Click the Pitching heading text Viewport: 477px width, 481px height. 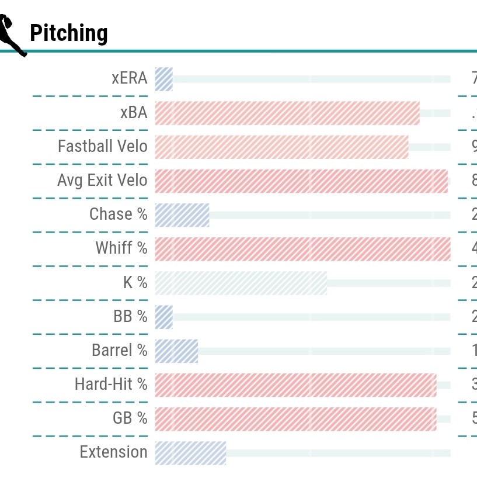(x=68, y=33)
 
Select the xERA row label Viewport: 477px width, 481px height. (x=130, y=79)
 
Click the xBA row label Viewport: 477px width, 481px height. (x=134, y=113)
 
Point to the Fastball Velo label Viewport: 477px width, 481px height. (x=103, y=147)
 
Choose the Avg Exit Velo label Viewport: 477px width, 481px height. (x=102, y=181)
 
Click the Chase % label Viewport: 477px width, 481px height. (x=119, y=214)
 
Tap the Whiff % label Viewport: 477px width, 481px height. (x=121, y=248)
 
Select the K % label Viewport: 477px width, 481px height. (x=135, y=283)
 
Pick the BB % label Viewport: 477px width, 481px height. (x=131, y=317)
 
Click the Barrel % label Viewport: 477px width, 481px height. (x=120, y=351)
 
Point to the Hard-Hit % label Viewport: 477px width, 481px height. (x=111, y=385)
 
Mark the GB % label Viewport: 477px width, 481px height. (x=130, y=418)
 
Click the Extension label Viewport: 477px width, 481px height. (x=114, y=452)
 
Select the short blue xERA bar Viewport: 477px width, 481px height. (x=164, y=79)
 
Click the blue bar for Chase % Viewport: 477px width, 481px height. (x=182, y=214)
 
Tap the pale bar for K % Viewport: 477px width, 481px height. (x=241, y=283)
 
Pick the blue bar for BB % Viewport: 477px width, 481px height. (x=164, y=317)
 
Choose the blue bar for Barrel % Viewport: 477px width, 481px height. (x=176, y=351)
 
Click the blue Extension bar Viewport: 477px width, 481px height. (x=190, y=452)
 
